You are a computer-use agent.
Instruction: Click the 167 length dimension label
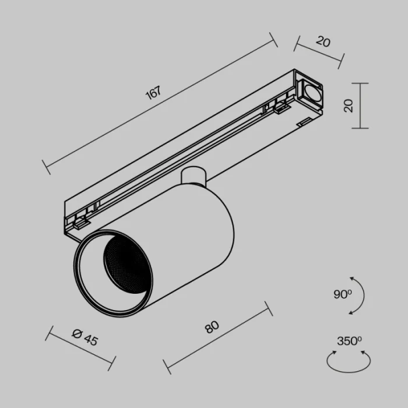coord(153,94)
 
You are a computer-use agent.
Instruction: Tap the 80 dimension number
coord(212,328)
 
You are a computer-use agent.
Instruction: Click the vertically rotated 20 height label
coord(349,105)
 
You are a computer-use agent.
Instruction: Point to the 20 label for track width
coord(323,41)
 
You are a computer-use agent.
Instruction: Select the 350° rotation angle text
coord(349,341)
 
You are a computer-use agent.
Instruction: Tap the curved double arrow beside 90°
coord(360,296)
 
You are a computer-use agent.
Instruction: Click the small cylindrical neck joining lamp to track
coord(193,175)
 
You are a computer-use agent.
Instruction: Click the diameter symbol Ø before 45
coord(76,333)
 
